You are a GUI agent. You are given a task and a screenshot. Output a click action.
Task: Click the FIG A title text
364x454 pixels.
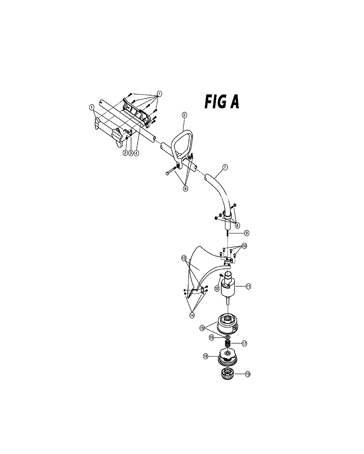tap(222, 102)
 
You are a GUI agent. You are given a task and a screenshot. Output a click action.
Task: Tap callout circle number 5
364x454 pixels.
tap(184, 115)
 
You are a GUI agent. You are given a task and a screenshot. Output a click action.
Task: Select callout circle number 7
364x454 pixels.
tap(225, 167)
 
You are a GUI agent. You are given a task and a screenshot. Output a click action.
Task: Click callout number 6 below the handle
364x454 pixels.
tap(185, 189)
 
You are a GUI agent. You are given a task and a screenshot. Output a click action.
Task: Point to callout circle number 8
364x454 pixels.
tap(237, 225)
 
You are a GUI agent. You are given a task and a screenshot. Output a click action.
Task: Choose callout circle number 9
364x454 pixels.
tap(246, 233)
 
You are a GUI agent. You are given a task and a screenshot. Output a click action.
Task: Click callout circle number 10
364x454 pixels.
tap(244, 246)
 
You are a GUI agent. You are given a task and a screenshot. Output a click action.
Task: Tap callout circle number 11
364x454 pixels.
tap(248, 287)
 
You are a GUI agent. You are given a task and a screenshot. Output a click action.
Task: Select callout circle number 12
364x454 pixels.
tap(217, 289)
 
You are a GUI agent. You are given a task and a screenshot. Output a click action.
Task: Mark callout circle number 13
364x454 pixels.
tap(184, 258)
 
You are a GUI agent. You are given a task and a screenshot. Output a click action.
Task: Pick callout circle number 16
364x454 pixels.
tap(211, 344)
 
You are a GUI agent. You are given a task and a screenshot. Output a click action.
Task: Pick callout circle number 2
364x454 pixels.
tap(125, 153)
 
